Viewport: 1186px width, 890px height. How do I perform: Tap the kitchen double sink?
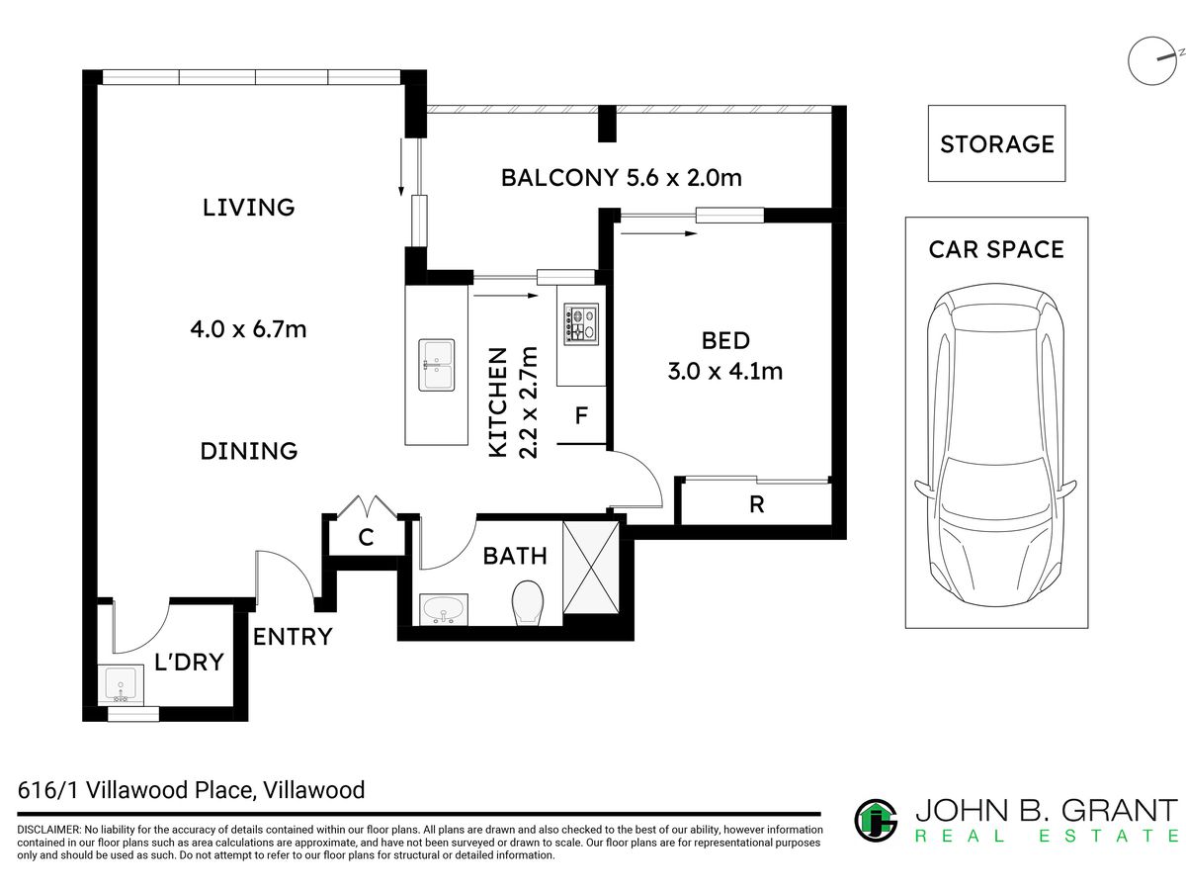point(437,364)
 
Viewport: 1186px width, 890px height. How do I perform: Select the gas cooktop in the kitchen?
point(581,323)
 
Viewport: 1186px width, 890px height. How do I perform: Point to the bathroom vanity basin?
point(444,609)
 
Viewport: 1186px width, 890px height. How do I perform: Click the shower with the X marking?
point(591,567)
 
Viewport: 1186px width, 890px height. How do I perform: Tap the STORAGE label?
point(997,144)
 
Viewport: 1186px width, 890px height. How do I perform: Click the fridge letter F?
point(581,415)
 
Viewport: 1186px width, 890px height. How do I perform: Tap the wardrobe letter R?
point(756,504)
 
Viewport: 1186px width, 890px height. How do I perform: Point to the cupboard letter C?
point(366,537)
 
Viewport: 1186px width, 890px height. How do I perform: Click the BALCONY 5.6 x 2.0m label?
point(622,178)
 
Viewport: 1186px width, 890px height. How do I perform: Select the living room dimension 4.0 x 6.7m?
point(248,329)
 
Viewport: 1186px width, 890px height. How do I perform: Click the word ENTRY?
point(293,637)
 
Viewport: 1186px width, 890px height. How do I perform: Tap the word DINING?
point(248,451)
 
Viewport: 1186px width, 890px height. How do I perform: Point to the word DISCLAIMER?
point(48,830)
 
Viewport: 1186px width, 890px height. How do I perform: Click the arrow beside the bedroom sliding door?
point(658,233)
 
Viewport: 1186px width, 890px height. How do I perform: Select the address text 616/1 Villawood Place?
point(135,790)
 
